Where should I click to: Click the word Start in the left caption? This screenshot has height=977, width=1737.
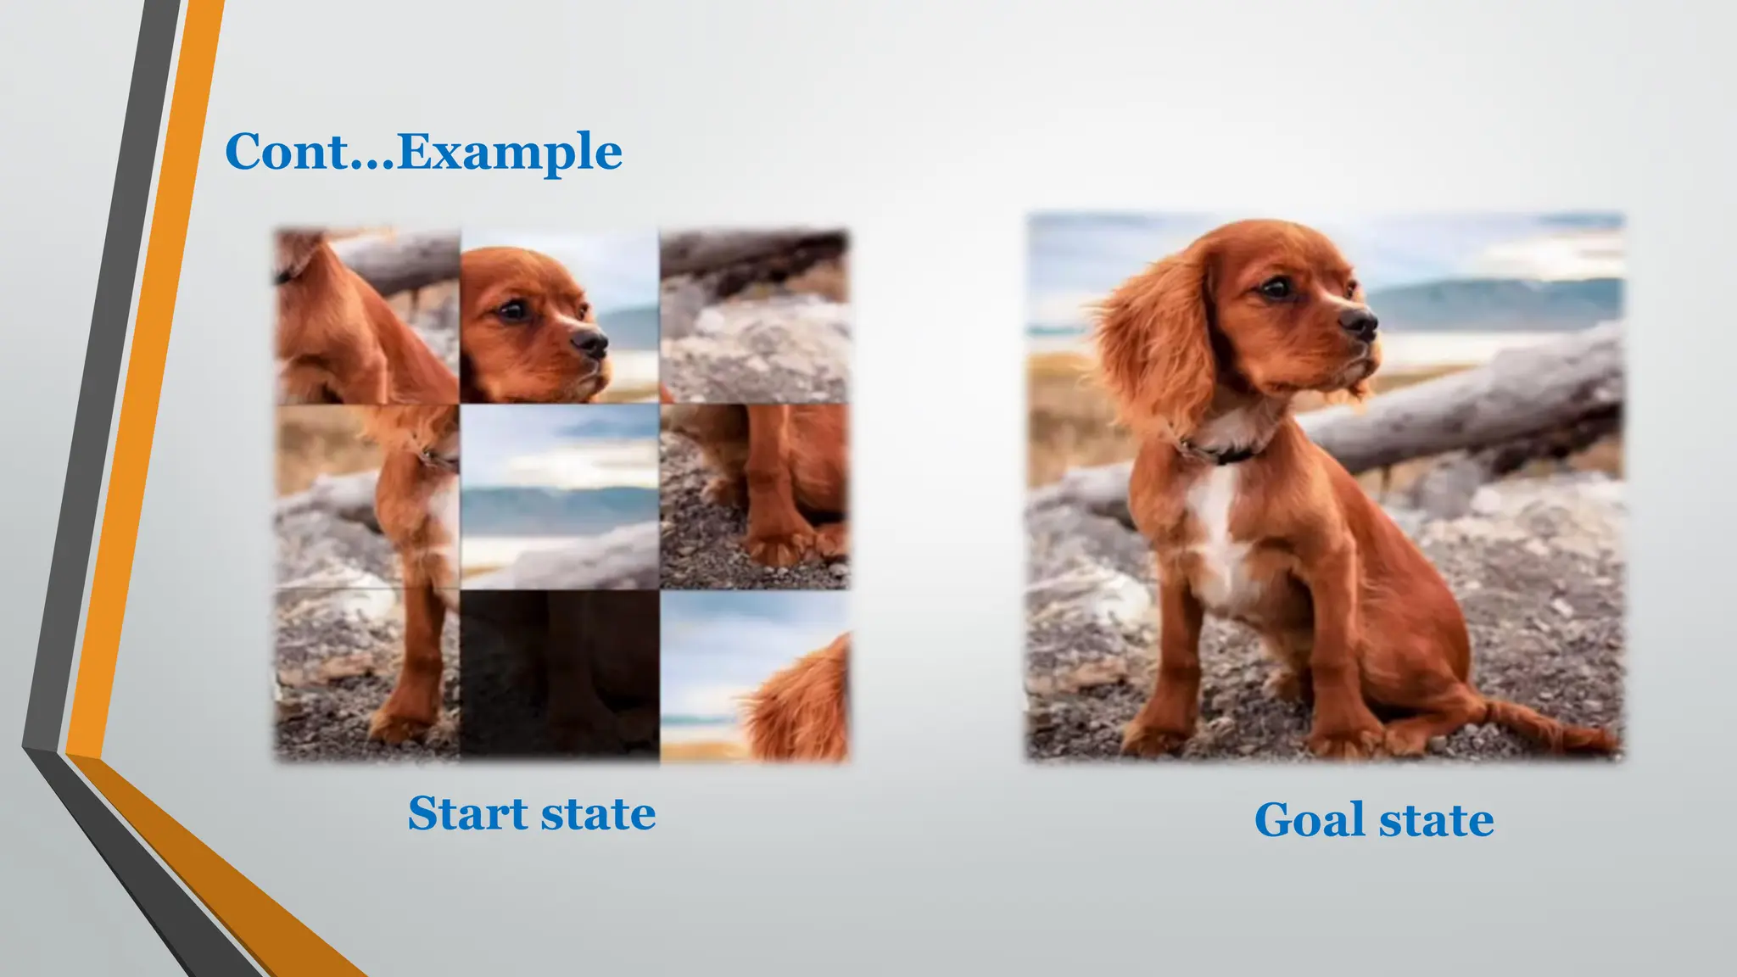(x=468, y=813)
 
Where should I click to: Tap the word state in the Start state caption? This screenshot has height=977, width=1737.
(x=598, y=815)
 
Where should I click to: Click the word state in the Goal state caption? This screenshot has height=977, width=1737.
(x=1436, y=820)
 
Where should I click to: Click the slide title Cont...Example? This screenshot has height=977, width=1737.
(x=423, y=152)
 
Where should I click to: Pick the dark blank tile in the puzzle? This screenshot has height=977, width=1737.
(x=560, y=674)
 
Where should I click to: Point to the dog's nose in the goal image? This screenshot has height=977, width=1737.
(x=1359, y=322)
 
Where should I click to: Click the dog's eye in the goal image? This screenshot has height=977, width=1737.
(x=1275, y=288)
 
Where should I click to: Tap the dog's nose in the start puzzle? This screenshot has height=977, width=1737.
(x=590, y=342)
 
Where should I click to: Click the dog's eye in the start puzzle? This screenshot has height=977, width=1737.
(x=514, y=310)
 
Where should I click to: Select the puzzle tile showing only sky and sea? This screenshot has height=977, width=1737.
(x=560, y=496)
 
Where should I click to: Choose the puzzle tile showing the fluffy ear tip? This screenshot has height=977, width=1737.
(x=755, y=676)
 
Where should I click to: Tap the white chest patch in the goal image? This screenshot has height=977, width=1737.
(x=1220, y=526)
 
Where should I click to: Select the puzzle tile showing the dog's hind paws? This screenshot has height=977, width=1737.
(x=755, y=496)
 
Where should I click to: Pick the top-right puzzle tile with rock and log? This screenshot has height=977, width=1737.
(x=755, y=315)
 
